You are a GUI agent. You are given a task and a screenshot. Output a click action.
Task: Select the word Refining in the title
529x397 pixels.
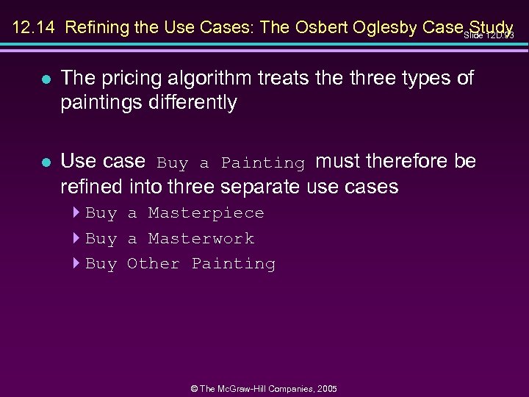coord(93,28)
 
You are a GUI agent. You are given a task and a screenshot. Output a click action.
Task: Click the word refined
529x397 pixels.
coord(93,186)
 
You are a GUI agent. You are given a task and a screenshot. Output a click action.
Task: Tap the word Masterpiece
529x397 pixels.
coord(206,213)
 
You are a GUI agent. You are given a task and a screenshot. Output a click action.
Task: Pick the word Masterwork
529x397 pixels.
coord(201,238)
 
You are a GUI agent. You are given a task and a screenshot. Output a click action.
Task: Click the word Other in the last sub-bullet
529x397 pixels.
coord(153,263)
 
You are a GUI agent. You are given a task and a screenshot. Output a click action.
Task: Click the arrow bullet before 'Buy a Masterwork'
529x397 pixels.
coord(76,238)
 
